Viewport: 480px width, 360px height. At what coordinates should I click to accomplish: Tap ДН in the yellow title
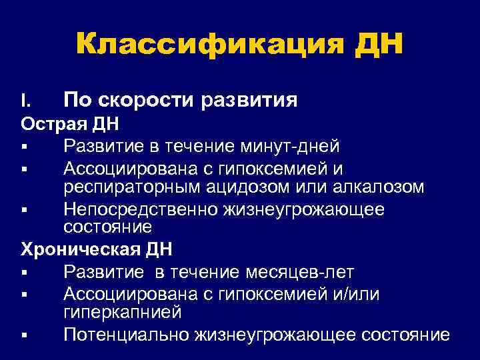(x=381, y=45)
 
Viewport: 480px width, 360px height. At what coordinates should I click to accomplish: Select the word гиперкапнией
(x=122, y=312)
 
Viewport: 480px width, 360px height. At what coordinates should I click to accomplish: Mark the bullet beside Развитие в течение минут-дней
(x=24, y=146)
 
